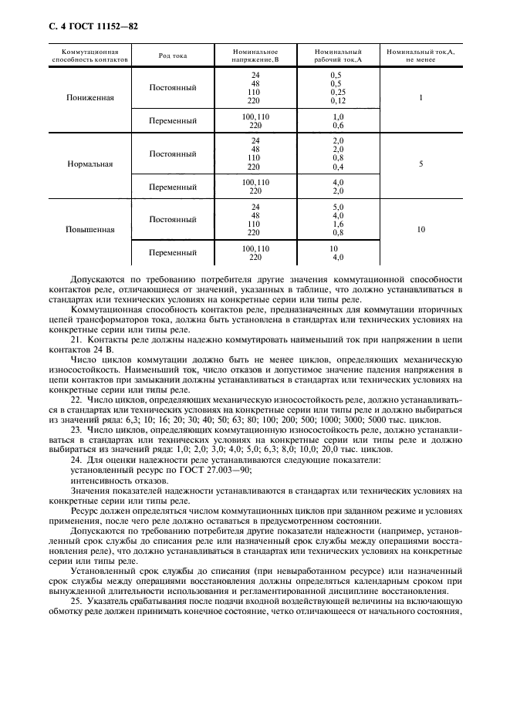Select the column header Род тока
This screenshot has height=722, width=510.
(172, 56)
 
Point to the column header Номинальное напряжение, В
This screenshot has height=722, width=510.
(255, 56)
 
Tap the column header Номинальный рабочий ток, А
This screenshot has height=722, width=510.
(338, 56)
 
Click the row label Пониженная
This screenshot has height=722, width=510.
(90, 99)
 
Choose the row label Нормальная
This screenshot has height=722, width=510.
(90, 164)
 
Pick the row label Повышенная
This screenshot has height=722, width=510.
(90, 230)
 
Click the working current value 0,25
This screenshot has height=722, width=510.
(337, 92)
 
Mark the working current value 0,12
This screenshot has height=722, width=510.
(337, 100)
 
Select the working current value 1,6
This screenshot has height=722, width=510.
(337, 224)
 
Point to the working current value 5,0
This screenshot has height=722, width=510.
(337, 207)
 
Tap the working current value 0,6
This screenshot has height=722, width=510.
(337, 125)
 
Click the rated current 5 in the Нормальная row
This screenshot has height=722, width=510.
(420, 164)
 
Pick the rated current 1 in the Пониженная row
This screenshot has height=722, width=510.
(420, 99)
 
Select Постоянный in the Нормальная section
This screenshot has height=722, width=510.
(172, 154)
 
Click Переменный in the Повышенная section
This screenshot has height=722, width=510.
(172, 252)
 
